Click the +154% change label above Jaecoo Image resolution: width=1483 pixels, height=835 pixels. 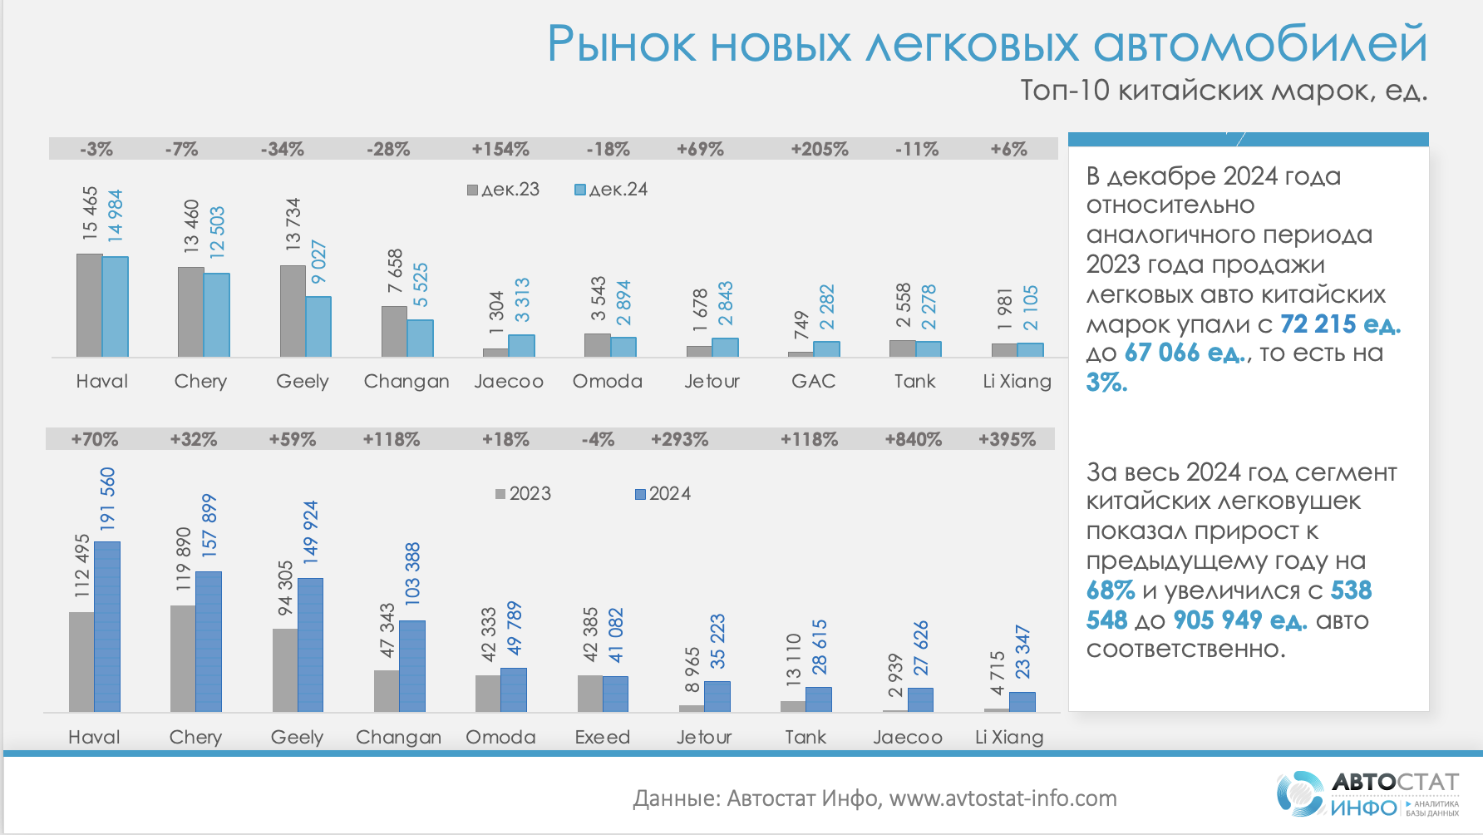(500, 150)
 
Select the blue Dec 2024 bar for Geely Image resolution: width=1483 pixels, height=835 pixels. (318, 327)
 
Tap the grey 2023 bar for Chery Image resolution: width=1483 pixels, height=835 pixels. (183, 658)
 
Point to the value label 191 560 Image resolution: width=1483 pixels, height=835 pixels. (107, 498)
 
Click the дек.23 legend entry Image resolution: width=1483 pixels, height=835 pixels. (504, 190)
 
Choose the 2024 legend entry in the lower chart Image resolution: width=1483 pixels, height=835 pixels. (663, 494)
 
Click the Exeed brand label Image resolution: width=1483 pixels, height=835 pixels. (602, 737)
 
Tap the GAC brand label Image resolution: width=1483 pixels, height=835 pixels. (813, 381)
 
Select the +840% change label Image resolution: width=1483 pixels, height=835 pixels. (913, 440)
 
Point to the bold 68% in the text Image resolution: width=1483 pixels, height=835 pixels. (1110, 590)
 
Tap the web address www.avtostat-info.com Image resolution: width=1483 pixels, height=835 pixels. (1003, 798)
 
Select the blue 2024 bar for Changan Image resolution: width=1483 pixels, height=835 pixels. (412, 665)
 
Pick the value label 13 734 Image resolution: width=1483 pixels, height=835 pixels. (293, 224)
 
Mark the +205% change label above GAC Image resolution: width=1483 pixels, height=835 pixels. (820, 150)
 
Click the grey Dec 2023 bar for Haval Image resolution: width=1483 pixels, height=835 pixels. (89, 305)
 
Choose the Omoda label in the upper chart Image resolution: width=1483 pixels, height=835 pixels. (607, 381)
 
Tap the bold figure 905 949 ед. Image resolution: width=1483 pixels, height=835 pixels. (1239, 620)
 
